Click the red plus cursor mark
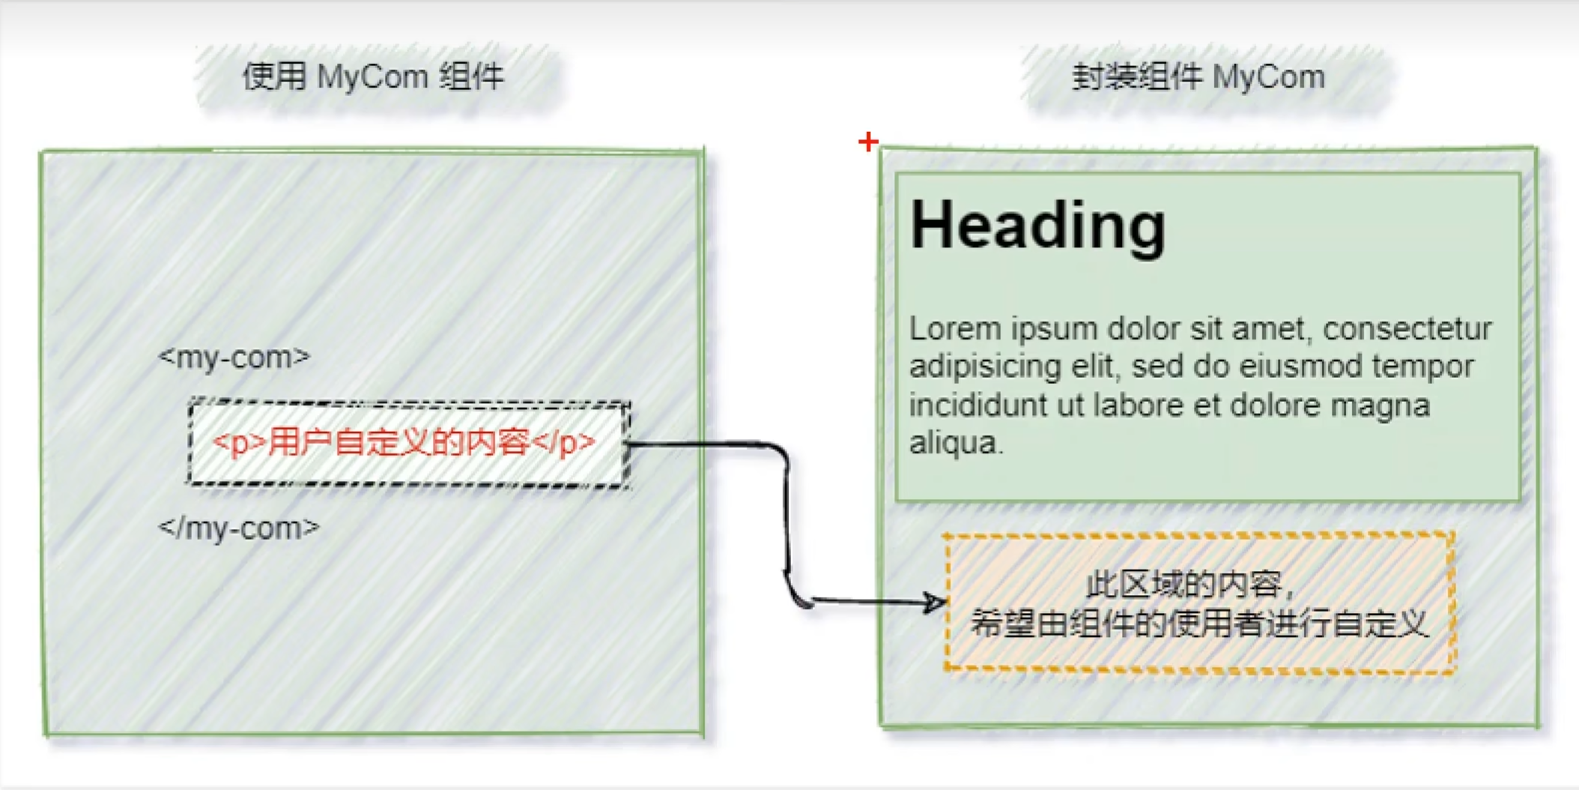click(868, 141)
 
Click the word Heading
click(1037, 226)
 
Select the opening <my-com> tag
click(234, 357)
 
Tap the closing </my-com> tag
click(239, 528)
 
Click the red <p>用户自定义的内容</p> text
click(404, 442)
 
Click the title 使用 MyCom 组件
click(373, 76)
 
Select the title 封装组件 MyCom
click(1198, 76)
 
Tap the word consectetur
click(1407, 329)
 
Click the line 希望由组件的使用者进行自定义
click(1198, 624)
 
